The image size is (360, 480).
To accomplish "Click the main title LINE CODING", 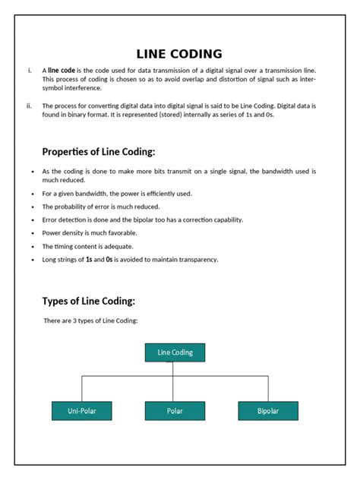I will tap(179, 54).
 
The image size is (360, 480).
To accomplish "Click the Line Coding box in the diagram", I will tap(175, 352).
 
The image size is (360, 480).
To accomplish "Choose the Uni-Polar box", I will tap(81, 411).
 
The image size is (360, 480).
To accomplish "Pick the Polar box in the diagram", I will tap(175, 411).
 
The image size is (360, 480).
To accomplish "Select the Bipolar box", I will tap(268, 411).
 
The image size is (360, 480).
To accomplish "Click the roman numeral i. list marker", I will tap(30, 71).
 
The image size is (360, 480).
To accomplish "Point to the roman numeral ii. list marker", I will tap(29, 106).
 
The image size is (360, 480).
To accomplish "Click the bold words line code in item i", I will tap(62, 71).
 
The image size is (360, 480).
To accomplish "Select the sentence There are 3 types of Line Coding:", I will tap(91, 321).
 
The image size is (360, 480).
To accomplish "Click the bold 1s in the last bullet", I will tap(90, 260).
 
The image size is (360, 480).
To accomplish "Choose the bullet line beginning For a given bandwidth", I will tap(117, 194).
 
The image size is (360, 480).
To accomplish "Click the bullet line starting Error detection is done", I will tap(142, 219).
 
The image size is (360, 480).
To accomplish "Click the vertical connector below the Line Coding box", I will tap(175, 368).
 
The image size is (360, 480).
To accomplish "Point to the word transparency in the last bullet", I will tap(196, 260).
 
